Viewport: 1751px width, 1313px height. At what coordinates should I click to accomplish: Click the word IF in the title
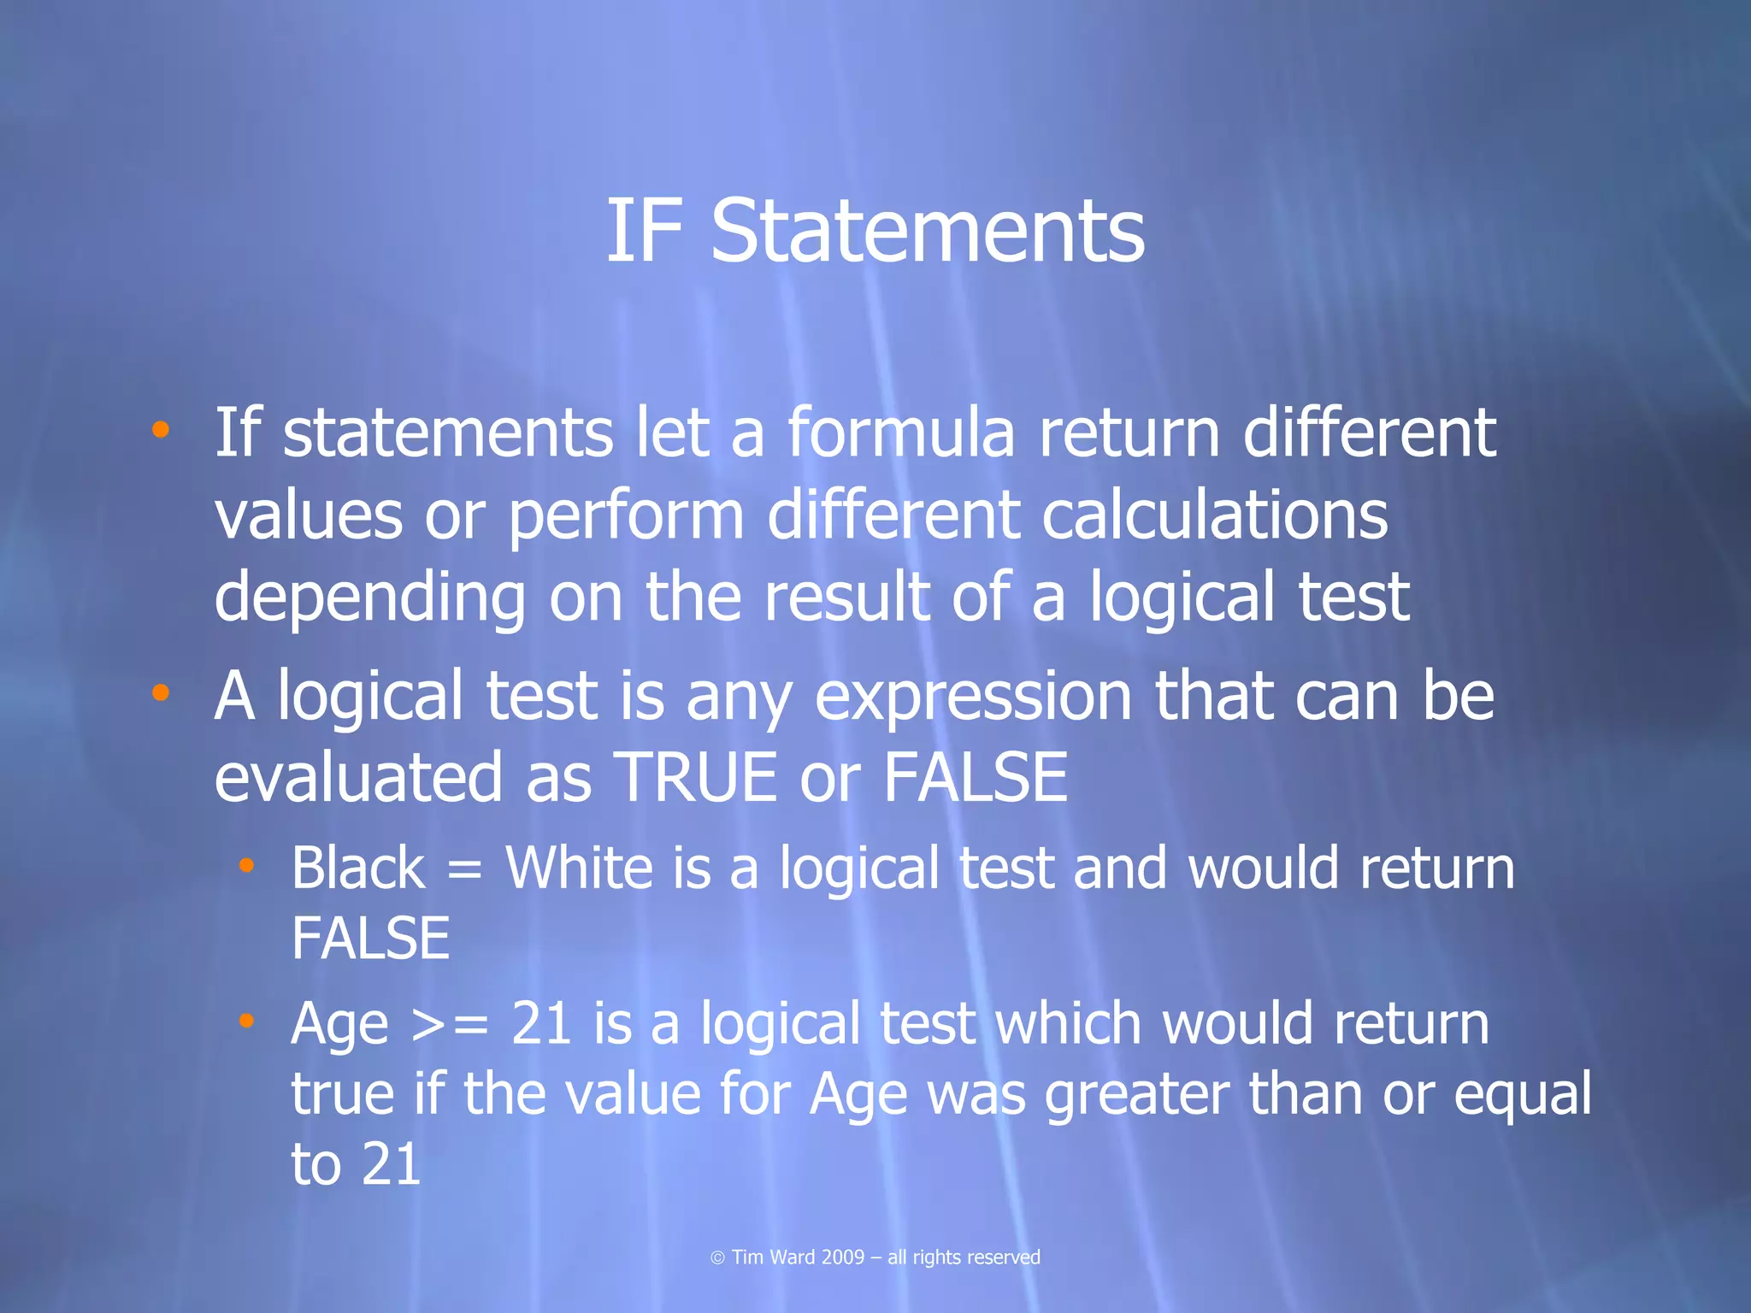(x=644, y=231)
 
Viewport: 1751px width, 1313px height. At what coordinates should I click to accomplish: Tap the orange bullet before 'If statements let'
(x=160, y=430)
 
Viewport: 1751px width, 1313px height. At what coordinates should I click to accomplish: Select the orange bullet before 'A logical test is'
(x=160, y=692)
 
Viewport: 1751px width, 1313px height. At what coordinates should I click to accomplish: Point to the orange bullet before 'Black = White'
(x=247, y=866)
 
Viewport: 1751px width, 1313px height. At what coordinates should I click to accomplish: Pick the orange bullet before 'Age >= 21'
(x=247, y=1021)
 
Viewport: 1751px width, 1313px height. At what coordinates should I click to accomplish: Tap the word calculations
(x=1215, y=515)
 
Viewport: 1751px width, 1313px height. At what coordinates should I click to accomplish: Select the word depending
(x=369, y=599)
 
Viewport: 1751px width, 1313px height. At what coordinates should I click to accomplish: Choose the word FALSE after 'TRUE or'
(x=975, y=777)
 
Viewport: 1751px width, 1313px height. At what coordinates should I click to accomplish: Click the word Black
(x=358, y=868)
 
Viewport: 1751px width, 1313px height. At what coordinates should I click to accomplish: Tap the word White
(x=579, y=868)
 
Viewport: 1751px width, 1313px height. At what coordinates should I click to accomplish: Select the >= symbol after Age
(x=450, y=1024)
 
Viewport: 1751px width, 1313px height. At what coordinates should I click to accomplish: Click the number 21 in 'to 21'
(x=392, y=1164)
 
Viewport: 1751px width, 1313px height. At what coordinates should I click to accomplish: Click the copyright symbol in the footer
(x=717, y=1257)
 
